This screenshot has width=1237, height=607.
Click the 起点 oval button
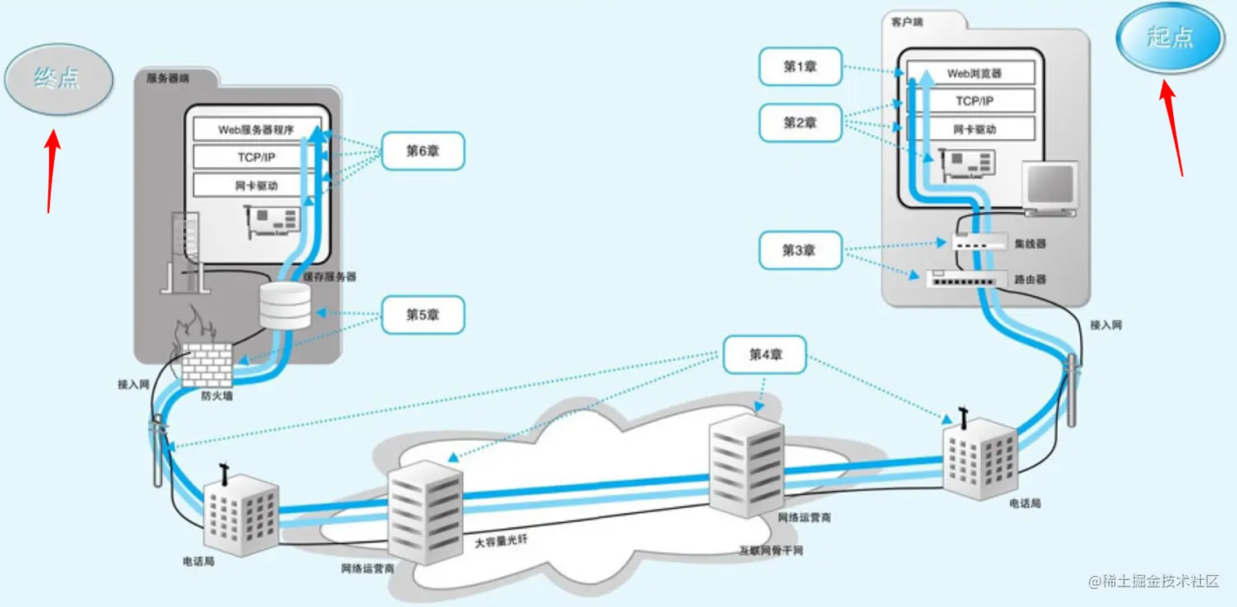(x=1170, y=37)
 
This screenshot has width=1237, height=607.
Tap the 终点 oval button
(x=58, y=79)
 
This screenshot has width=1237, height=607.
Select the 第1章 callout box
(x=800, y=66)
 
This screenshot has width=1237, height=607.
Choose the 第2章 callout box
(x=800, y=123)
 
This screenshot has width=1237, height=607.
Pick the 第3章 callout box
(x=799, y=250)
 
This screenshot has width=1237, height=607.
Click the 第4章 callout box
(x=765, y=354)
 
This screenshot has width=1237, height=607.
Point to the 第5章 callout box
(x=423, y=315)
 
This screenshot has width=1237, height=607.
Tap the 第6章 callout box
(x=423, y=151)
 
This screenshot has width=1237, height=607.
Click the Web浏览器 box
(x=974, y=74)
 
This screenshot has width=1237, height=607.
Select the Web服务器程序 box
(x=256, y=129)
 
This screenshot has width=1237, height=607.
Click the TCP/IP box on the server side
(x=256, y=157)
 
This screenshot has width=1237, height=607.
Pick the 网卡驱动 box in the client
(x=974, y=129)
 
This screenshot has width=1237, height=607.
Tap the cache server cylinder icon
(x=285, y=306)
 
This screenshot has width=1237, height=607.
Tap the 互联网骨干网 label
(x=771, y=551)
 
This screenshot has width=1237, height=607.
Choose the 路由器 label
(x=1030, y=280)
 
